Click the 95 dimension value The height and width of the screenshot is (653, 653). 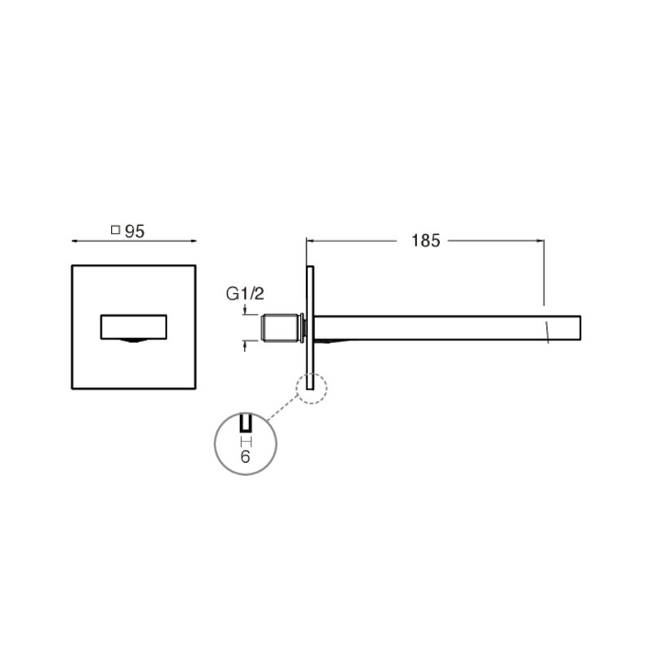(x=135, y=232)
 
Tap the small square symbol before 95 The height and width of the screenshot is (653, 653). (x=115, y=229)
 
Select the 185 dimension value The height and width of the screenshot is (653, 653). (x=425, y=241)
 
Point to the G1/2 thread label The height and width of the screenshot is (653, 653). (x=245, y=294)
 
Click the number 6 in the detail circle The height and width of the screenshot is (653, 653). (x=246, y=457)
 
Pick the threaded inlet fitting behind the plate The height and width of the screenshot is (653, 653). (x=282, y=328)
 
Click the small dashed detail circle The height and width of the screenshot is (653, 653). (x=312, y=389)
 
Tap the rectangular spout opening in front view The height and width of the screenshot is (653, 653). (x=134, y=327)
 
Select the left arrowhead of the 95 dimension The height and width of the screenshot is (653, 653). (x=75, y=241)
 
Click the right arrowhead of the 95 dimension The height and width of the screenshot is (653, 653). (x=193, y=241)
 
